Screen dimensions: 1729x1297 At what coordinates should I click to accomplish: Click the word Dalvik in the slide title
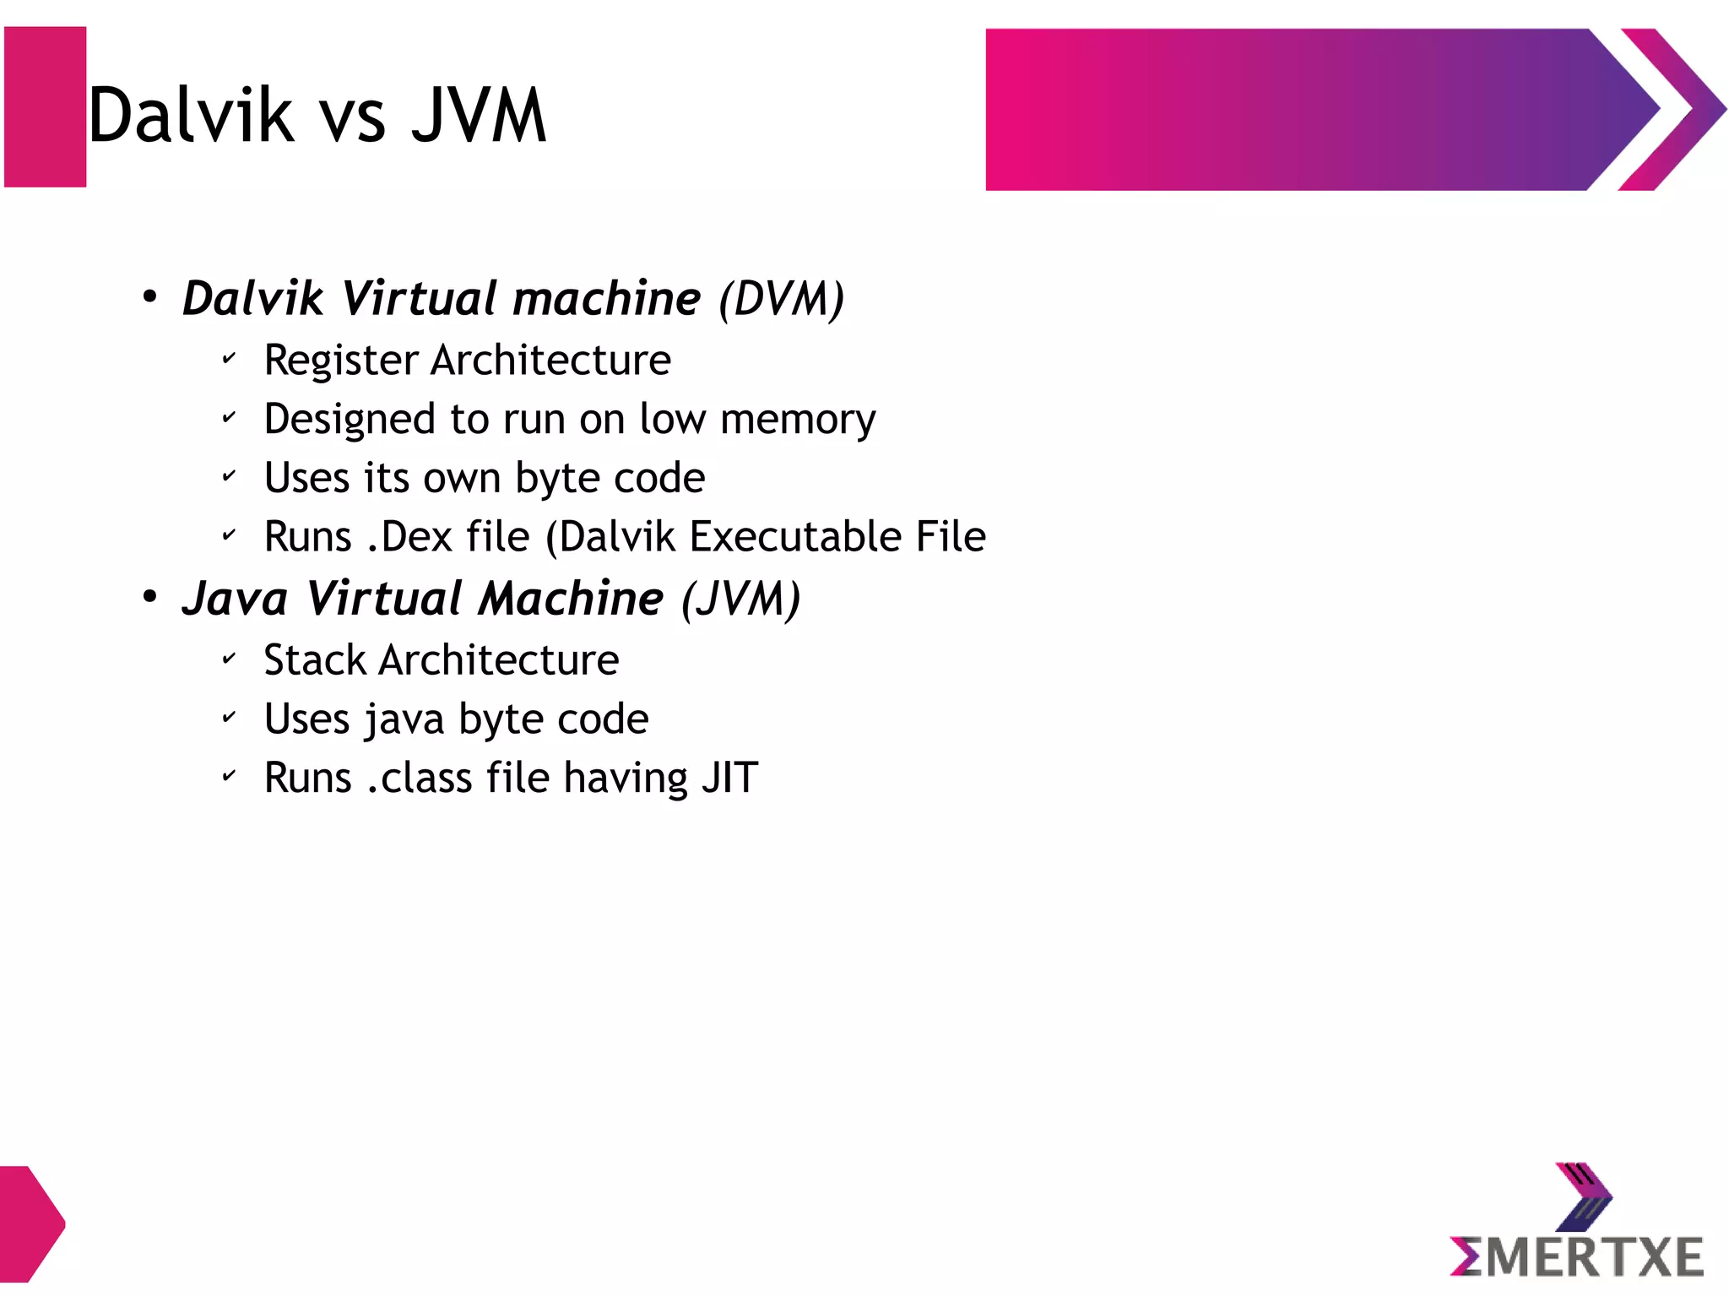click(191, 116)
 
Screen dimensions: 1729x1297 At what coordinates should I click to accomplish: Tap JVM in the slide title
click(479, 116)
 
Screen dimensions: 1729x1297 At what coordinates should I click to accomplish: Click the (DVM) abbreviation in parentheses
click(781, 299)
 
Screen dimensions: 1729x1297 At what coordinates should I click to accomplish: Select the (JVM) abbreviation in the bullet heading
click(740, 600)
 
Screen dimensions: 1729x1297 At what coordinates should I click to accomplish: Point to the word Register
click(341, 361)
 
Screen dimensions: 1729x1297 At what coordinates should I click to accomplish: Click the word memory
click(798, 420)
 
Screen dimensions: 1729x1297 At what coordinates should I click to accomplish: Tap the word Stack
click(314, 660)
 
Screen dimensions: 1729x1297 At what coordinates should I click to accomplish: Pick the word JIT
click(729, 778)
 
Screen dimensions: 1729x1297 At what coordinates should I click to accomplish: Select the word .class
click(419, 778)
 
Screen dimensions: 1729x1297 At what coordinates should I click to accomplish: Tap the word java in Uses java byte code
click(404, 720)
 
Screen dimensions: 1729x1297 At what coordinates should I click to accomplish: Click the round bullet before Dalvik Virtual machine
click(150, 297)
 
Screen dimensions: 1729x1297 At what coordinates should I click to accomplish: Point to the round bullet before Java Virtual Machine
click(150, 598)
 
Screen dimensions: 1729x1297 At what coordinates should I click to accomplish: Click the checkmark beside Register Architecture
click(229, 359)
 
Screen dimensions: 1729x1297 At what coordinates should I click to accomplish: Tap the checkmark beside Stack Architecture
click(229, 659)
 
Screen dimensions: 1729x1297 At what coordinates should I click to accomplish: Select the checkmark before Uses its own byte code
click(229, 476)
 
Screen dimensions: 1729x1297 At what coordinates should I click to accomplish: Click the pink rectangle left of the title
click(46, 107)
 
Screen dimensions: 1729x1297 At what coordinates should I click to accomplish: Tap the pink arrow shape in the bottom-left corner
click(30, 1224)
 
